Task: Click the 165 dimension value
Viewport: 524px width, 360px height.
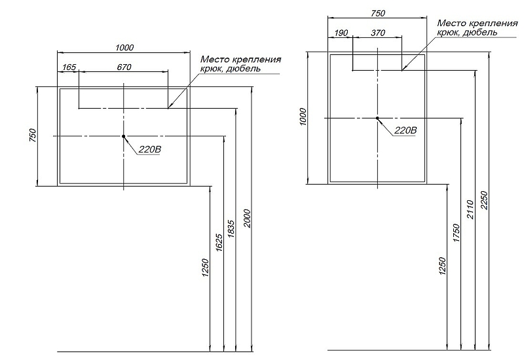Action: tap(69, 67)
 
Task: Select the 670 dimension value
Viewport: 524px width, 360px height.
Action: tap(124, 67)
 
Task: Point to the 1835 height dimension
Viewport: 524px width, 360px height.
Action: tap(231, 228)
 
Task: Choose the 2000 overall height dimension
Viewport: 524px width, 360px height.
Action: tap(247, 219)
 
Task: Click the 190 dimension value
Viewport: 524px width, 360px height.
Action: tap(341, 33)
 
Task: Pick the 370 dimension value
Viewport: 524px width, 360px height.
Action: tap(378, 33)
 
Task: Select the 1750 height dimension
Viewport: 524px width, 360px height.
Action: tap(457, 233)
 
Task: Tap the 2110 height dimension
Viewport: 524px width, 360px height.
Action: tap(470, 209)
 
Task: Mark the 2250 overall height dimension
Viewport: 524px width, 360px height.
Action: tap(485, 200)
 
